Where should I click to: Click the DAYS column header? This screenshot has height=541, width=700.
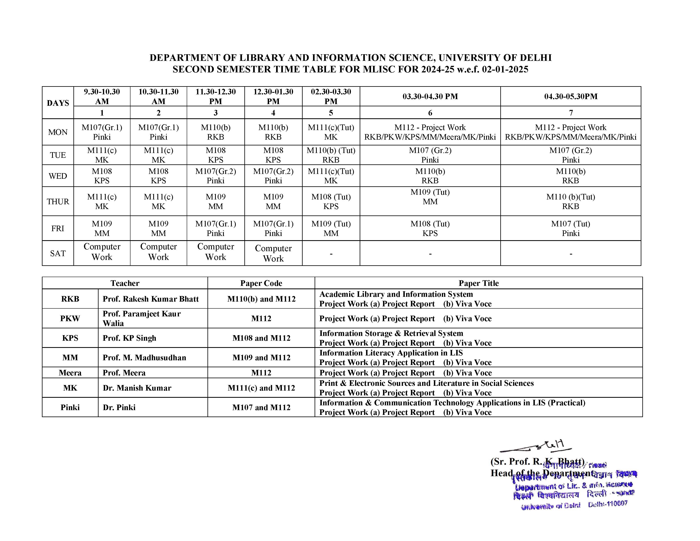pos(58,103)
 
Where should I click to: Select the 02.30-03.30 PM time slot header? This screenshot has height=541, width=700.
pos(331,97)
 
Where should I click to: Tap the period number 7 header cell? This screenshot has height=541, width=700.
pos(571,113)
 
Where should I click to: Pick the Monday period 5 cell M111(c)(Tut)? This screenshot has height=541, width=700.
pos(331,132)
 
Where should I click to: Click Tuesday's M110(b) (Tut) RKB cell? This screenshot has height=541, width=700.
pos(331,155)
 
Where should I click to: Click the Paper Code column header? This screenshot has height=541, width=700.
pos(261,283)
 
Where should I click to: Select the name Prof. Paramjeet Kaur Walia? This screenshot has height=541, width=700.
pos(142,318)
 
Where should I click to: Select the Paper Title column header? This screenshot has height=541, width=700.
pos(479,283)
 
